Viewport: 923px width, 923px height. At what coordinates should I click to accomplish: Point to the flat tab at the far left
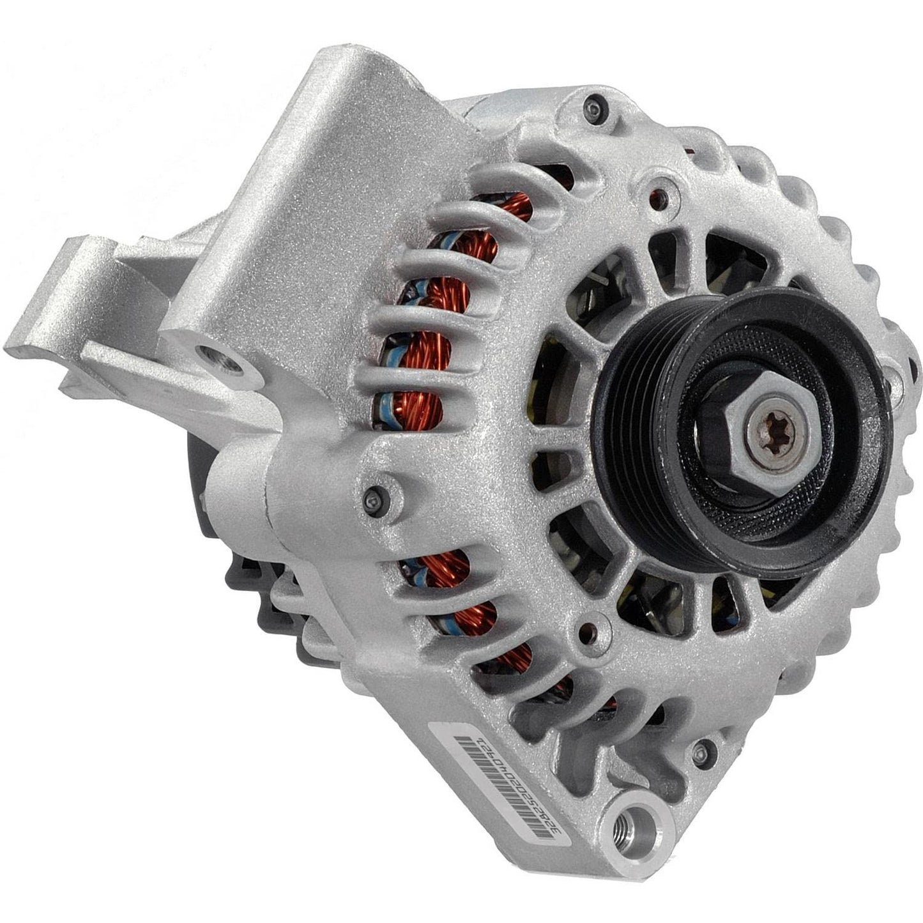(38, 351)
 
